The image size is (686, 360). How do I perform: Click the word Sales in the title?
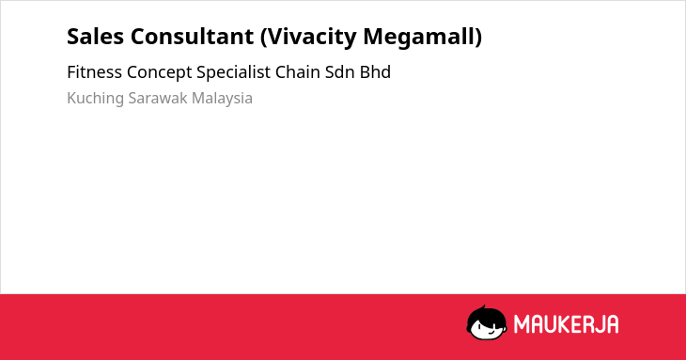pos(95,37)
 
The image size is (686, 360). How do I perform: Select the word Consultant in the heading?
pos(192,37)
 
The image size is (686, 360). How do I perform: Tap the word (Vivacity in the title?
pos(308,38)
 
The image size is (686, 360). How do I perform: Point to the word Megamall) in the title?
pos(423,38)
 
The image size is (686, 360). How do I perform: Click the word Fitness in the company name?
pos(94,72)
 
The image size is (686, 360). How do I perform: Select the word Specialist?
pos(234,72)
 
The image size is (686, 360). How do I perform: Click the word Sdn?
pos(340,72)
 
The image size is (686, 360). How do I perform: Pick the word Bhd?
pos(375,72)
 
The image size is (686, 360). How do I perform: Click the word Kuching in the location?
pos(95,99)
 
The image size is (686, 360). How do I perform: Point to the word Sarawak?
pos(158,98)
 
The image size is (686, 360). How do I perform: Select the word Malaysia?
pos(223,99)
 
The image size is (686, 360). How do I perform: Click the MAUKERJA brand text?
pos(566,324)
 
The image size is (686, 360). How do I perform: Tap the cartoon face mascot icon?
pos(487,323)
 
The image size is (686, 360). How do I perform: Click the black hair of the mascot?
pos(486,314)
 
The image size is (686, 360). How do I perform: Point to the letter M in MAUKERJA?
pos(521,324)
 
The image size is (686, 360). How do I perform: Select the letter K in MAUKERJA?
pos(566,324)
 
